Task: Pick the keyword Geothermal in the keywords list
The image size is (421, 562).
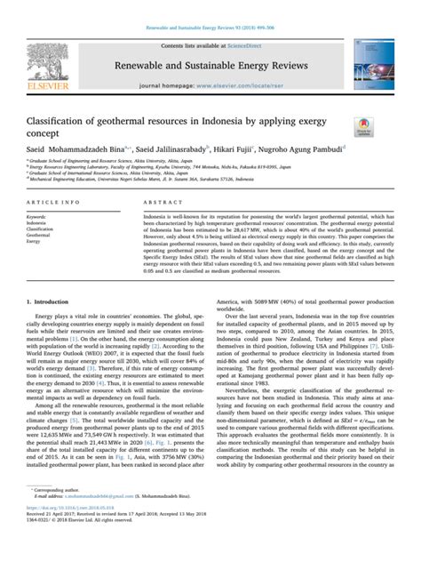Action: click(x=40, y=234)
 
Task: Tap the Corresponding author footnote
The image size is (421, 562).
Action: click(x=57, y=514)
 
